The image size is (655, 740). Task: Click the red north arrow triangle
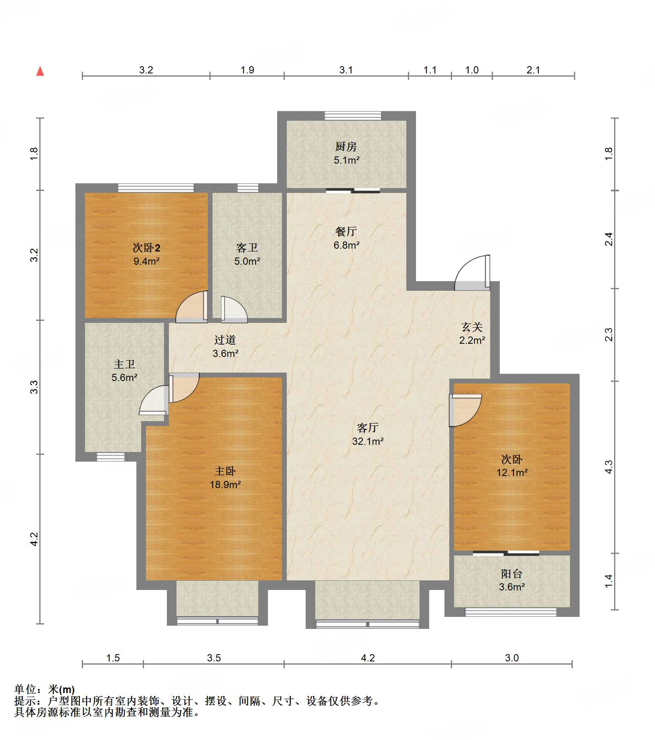tap(40, 71)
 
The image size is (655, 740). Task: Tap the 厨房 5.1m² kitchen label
tap(346, 153)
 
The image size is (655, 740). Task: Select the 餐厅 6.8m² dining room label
tap(346, 238)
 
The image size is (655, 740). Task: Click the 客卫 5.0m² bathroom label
tap(247, 254)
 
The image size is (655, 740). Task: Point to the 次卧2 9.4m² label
tap(146, 254)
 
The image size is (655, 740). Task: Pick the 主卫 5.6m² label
tap(124, 371)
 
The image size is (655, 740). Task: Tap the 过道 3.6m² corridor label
tap(225, 347)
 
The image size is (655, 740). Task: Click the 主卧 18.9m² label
tap(225, 478)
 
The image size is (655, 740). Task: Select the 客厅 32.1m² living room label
tap(368, 434)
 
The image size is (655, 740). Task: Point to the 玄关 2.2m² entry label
tap(472, 333)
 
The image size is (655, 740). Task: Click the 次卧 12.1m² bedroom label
tap(512, 466)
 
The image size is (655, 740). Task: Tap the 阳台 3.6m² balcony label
tap(512, 580)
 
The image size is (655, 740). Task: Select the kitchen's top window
tap(353, 116)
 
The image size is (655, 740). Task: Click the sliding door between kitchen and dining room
tap(353, 191)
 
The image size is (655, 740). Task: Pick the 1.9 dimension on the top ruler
tap(247, 70)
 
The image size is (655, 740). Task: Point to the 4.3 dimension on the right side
tap(608, 467)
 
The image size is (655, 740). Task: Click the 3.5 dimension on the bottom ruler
tap(214, 658)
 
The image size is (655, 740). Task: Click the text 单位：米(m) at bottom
tap(45, 689)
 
